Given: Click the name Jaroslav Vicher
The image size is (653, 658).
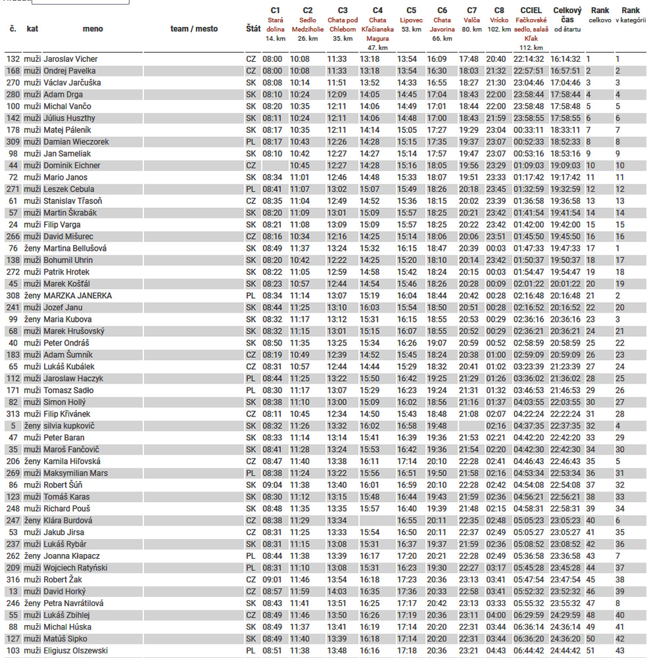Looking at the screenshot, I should point(70,59).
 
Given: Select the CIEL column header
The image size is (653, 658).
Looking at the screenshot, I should point(531,11).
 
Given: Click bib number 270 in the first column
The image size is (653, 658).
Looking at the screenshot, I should point(13,83).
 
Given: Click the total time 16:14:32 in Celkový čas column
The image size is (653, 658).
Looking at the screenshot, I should point(566,59).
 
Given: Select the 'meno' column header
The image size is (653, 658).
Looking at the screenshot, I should point(93,29).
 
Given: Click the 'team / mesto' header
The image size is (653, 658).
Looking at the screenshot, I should point(194,29).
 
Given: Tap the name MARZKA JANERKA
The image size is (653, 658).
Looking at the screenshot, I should point(78,296).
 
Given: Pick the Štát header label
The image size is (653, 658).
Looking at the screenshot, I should point(253,29).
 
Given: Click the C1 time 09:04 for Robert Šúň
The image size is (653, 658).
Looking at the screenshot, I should point(272,485).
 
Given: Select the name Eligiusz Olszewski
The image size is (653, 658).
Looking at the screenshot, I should point(76,651).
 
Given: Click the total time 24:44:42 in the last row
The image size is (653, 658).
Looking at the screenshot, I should point(566,651).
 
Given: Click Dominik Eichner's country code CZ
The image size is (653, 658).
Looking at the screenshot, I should point(250,166).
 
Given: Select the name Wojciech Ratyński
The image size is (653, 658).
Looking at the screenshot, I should point(75,568).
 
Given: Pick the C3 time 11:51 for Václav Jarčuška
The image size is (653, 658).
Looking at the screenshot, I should point(337,83).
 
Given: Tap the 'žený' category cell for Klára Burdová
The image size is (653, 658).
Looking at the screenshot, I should point(32,520).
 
